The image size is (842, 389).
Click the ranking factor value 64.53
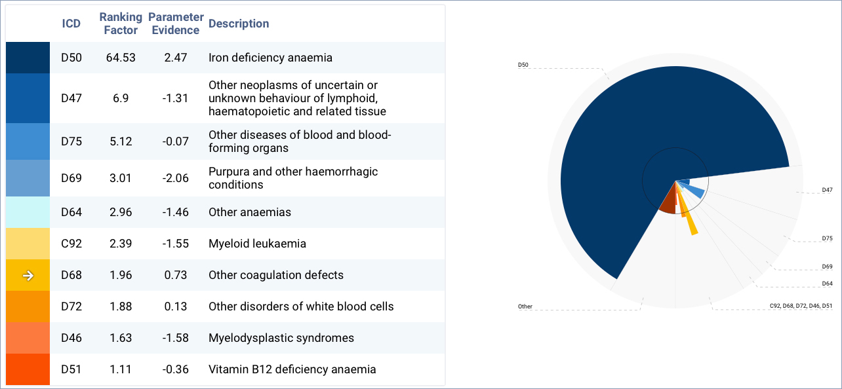pos(121,58)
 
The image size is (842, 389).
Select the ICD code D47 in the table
pos(71,98)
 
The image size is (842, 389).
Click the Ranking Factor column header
pos(121,24)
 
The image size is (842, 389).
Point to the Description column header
pos(239,24)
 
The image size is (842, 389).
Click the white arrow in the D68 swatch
pos(28,276)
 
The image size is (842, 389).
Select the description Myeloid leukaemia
pos(257,244)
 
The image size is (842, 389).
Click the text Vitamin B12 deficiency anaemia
pos(292,369)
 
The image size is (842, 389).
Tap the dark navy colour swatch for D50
pos(28,58)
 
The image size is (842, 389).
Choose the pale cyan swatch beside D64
pos(28,212)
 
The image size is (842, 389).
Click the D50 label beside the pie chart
pos(523,65)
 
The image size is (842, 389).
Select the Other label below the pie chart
pos(525,306)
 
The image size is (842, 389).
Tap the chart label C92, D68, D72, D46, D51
pos(801,306)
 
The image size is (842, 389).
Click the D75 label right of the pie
pos(827,238)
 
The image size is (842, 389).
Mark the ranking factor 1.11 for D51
pos(121,369)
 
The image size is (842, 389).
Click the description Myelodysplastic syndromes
pos(281,338)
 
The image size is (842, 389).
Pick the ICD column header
pos(71,24)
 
